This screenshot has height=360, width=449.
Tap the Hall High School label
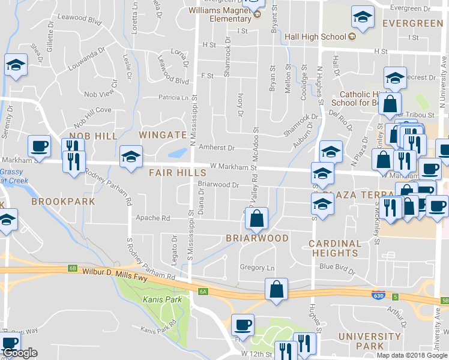click(x=316, y=37)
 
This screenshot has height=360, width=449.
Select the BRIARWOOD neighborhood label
click(x=257, y=238)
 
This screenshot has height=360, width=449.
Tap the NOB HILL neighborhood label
click(x=93, y=136)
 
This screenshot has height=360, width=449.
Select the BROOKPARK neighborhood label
click(x=64, y=202)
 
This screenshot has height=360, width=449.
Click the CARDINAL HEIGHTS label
click(x=343, y=248)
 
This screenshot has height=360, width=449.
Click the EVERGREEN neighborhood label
click(x=413, y=23)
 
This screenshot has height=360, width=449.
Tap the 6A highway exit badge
click(x=202, y=292)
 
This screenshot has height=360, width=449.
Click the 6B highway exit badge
click(x=73, y=268)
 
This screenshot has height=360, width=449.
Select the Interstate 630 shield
click(x=378, y=296)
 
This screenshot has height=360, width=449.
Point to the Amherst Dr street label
click(x=216, y=147)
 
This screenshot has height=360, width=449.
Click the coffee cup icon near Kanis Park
click(x=243, y=325)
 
